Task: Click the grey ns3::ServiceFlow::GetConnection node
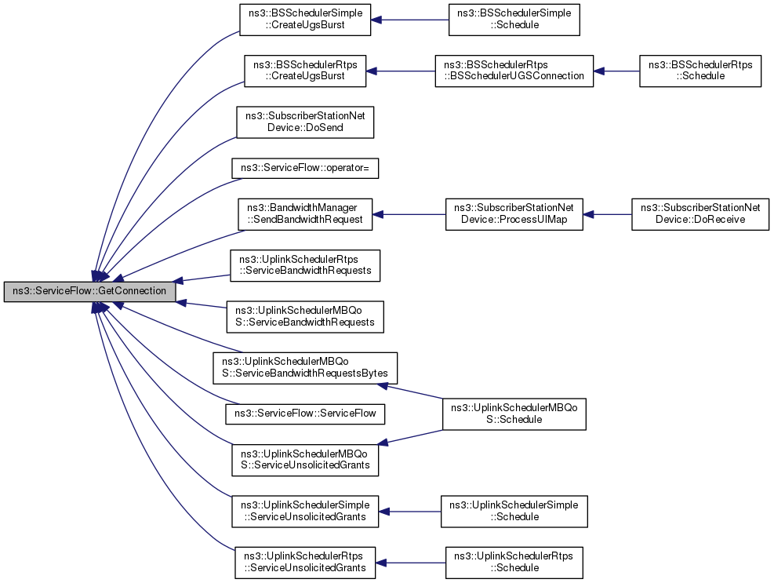[89, 292]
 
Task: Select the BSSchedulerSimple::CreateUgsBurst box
[305, 20]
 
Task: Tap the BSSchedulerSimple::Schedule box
[514, 20]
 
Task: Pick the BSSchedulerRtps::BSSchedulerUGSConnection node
[514, 71]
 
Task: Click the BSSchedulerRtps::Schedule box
[700, 71]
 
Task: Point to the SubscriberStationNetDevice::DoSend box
[305, 122]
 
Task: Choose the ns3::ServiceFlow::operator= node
[305, 169]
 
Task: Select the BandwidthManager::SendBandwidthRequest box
[305, 214]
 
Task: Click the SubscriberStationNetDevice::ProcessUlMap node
[514, 214]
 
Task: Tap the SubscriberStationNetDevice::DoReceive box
[700, 214]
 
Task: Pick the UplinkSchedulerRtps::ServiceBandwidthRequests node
[305, 266]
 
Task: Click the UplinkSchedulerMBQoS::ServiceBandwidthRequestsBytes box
[305, 368]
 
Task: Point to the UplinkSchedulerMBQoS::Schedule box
[514, 414]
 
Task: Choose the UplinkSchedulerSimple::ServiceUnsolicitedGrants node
[305, 512]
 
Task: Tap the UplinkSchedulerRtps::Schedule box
[514, 563]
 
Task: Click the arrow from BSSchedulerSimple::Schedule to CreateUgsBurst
[409, 20]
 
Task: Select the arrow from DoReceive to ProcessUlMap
[607, 214]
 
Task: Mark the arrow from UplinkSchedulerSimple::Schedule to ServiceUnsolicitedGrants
[409, 512]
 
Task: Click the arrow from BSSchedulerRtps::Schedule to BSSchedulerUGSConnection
[616, 71]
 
